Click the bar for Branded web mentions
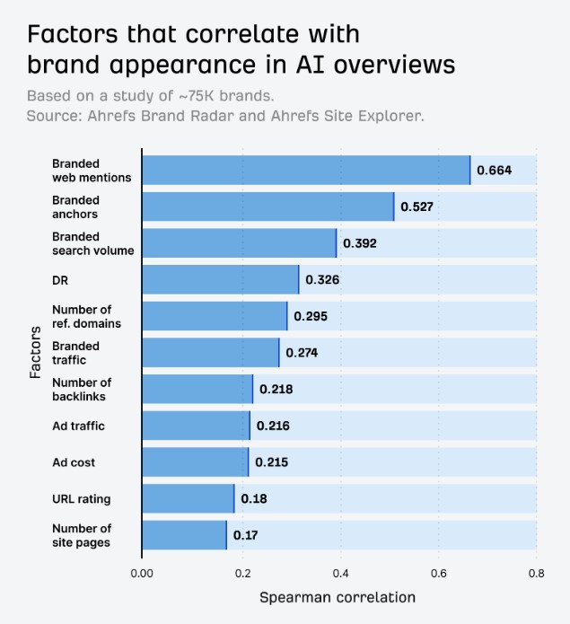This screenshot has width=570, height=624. (x=305, y=170)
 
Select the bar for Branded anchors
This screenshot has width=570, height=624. (x=267, y=207)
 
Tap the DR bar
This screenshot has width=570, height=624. (x=220, y=279)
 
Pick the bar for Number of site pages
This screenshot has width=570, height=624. (x=184, y=535)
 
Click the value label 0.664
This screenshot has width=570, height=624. (x=494, y=170)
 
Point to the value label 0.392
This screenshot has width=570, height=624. (x=360, y=243)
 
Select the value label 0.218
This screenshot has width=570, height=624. (x=276, y=390)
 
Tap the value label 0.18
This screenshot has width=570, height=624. (x=254, y=498)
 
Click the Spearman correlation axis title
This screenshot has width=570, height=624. (x=338, y=597)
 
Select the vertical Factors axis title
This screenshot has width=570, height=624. (x=36, y=352)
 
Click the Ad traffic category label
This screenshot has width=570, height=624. (x=78, y=426)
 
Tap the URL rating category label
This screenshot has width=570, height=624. (x=82, y=498)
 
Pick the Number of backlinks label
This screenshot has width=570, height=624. (x=82, y=390)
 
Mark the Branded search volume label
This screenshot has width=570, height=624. (x=92, y=243)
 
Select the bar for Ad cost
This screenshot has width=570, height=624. (x=195, y=462)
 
